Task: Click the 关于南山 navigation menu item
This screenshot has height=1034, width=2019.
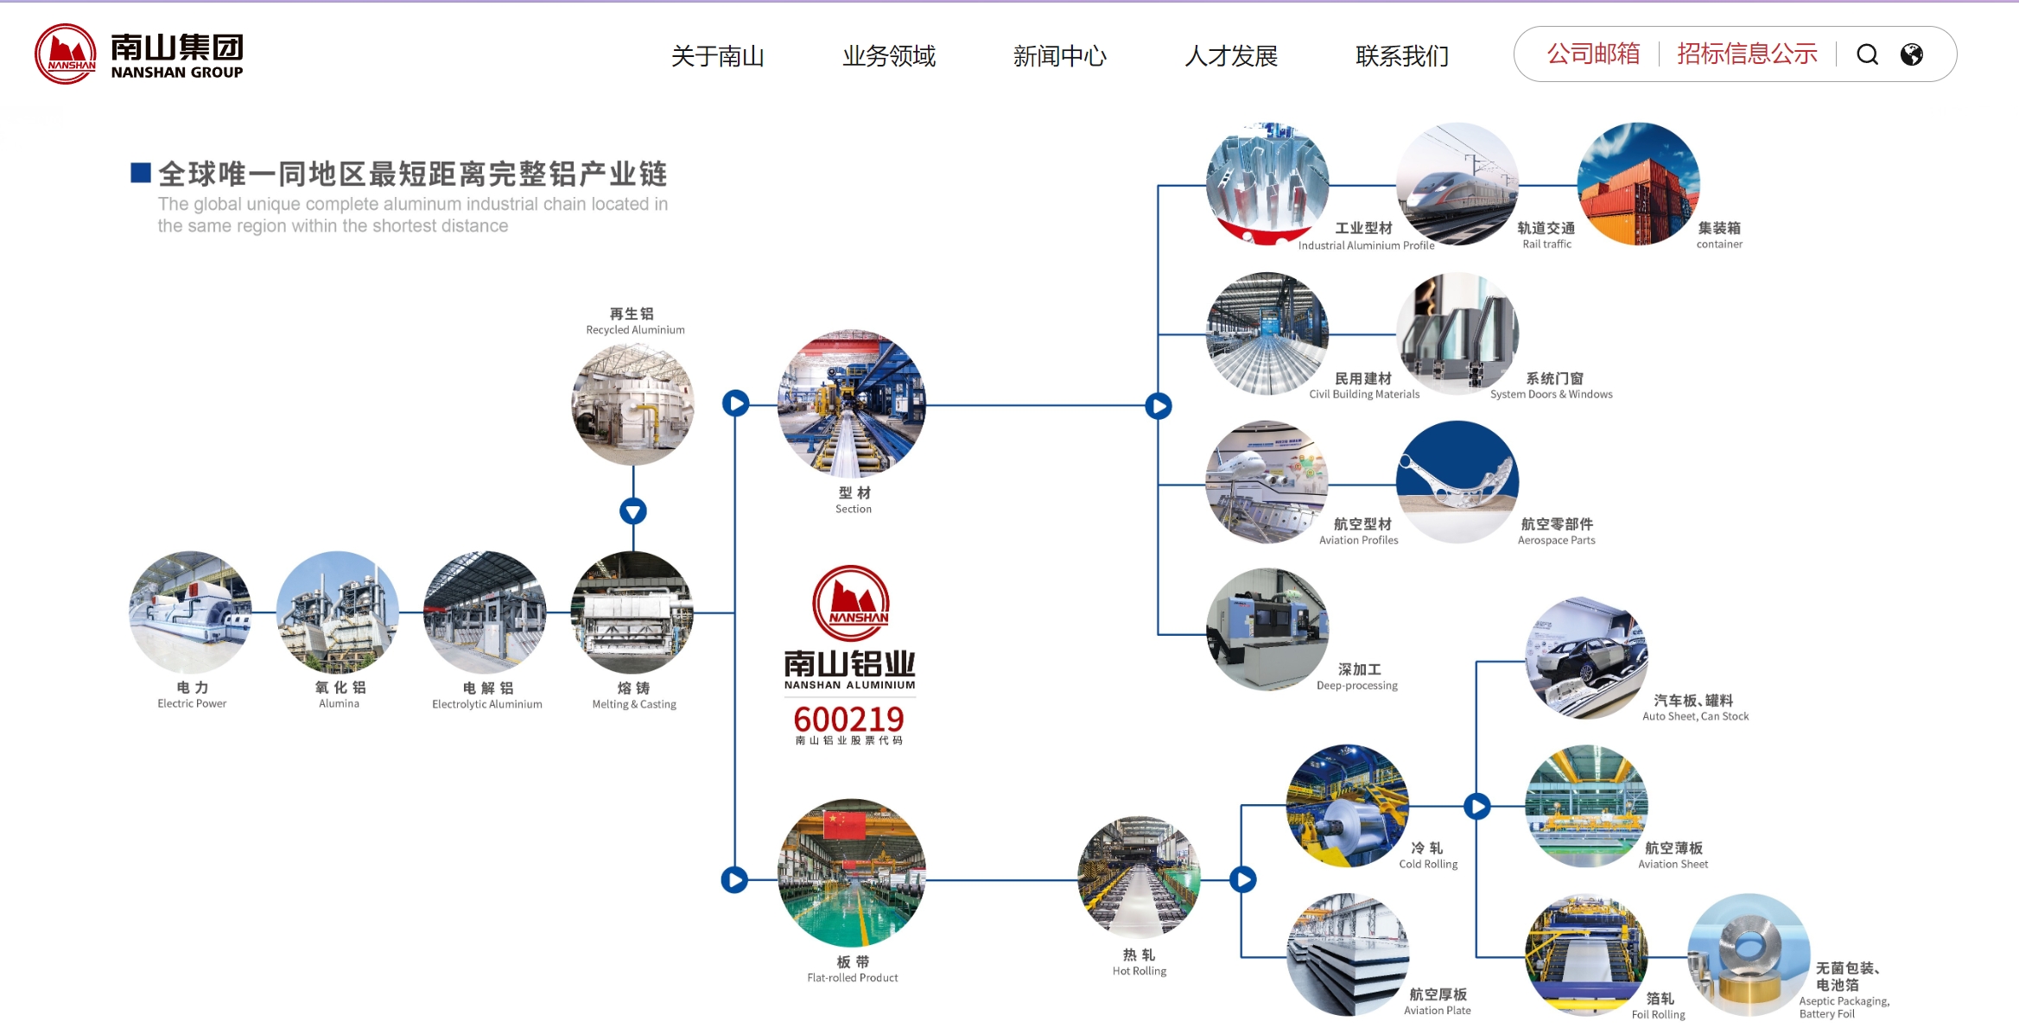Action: click(717, 56)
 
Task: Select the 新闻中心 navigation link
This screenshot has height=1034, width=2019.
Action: click(1059, 56)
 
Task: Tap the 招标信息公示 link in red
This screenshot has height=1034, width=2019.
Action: click(1747, 54)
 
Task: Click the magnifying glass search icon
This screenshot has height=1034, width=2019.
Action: click(1867, 54)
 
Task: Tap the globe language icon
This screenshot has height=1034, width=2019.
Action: click(1912, 54)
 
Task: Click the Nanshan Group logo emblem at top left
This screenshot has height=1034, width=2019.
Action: click(66, 54)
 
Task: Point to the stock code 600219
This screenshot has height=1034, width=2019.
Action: click(848, 719)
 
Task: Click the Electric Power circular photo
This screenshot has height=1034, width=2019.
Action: click(190, 612)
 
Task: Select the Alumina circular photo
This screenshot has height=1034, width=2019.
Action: click(338, 612)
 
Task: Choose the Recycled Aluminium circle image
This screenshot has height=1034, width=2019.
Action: click(632, 403)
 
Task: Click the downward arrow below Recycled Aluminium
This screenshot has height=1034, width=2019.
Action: click(633, 511)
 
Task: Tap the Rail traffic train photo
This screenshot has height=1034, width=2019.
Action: click(1457, 184)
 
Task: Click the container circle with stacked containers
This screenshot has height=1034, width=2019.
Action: click(1638, 184)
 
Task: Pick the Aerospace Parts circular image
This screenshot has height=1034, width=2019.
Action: click(1457, 481)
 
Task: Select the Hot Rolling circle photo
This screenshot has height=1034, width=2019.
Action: click(1139, 878)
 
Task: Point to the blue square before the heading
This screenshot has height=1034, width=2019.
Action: click(141, 173)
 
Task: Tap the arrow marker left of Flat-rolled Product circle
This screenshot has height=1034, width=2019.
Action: click(734, 879)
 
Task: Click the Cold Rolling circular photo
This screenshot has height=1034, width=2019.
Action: click(1347, 805)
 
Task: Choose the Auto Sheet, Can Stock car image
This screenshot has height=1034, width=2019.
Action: click(1586, 657)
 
